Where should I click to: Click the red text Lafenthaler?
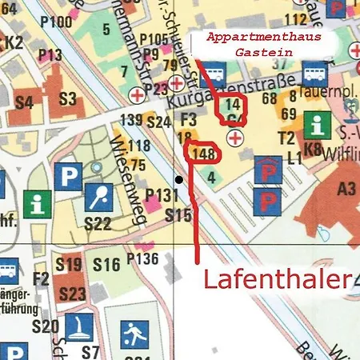[x=276, y=280]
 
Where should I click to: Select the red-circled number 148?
[x=202, y=153]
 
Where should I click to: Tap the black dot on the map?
[x=179, y=180]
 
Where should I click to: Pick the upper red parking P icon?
[x=266, y=170]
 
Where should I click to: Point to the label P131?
[x=161, y=196]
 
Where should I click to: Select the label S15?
[x=178, y=215]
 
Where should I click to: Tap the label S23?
[x=72, y=294]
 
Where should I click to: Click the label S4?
[x=24, y=102]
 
